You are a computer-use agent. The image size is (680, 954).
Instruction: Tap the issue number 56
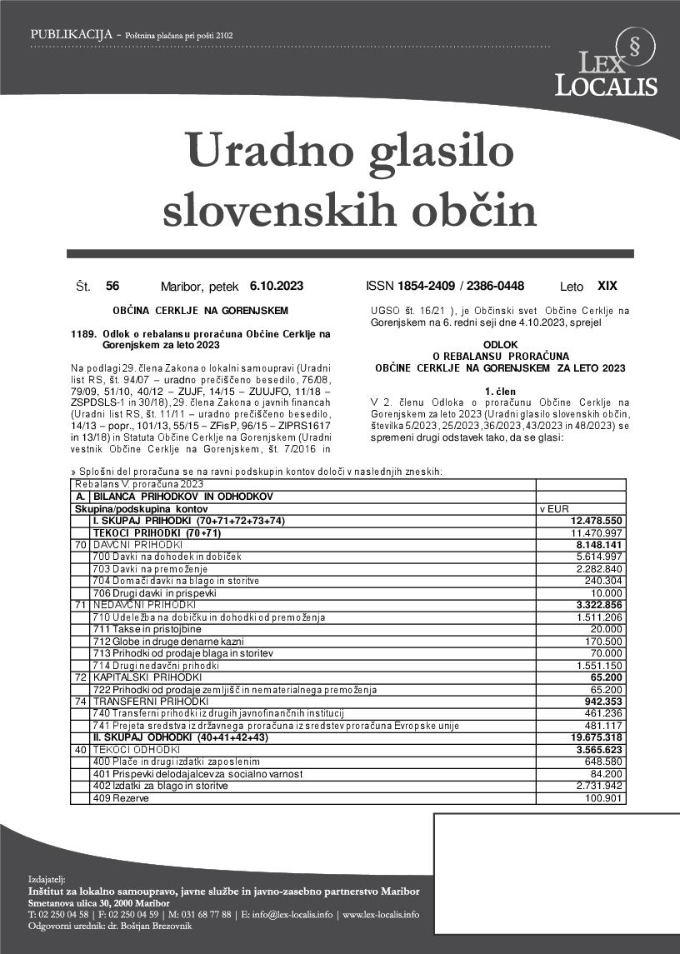[x=112, y=286]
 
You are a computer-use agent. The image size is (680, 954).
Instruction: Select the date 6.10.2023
[x=277, y=286]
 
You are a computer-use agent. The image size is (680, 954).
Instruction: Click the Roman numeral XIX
[x=607, y=286]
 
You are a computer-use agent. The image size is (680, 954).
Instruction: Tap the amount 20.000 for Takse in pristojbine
[x=607, y=629]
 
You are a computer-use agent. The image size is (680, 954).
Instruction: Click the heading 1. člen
[x=500, y=390]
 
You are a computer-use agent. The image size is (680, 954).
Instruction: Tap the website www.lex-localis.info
[x=381, y=914]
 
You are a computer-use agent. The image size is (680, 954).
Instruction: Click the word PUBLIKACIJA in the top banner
[x=71, y=35]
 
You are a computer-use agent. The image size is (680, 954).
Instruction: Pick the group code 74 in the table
[x=80, y=702]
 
